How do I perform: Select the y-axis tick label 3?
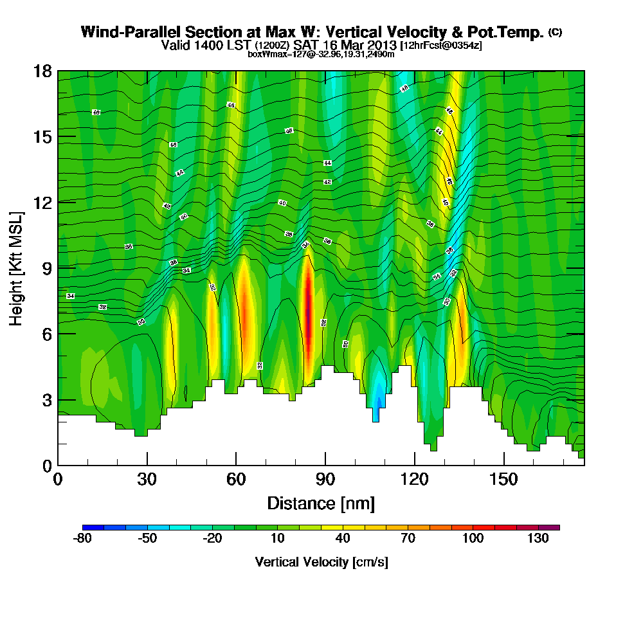pos(47,399)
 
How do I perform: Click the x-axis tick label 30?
pos(147,480)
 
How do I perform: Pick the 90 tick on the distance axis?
pos(325,480)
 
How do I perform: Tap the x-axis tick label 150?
pos(503,480)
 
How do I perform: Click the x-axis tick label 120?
pos(415,480)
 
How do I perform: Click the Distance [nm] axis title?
pos(321,503)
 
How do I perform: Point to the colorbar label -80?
pos(83,539)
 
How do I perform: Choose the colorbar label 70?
pos(408,539)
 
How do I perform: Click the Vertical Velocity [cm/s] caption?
pos(321,562)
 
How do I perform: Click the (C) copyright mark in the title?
pos(555,32)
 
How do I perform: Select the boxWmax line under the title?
pos(321,54)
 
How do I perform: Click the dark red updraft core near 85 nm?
pos(308,309)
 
